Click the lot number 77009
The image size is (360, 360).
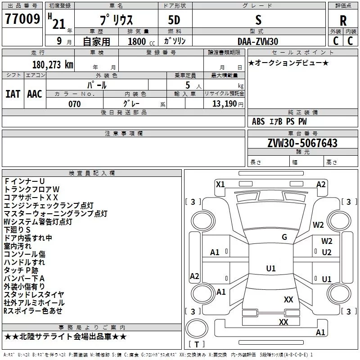point(22,19)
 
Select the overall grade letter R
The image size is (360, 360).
point(343,21)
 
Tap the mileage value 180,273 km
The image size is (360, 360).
point(53,65)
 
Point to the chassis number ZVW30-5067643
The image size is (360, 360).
point(302,143)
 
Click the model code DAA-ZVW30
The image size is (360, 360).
point(258,41)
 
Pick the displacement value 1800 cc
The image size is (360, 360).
point(141,41)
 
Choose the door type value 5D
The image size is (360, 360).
point(174,20)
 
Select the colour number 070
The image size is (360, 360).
point(75,104)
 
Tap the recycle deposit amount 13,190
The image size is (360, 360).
point(224,103)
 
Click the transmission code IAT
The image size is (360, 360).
point(13,94)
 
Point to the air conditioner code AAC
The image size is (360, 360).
point(35,94)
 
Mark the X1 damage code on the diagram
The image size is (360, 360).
point(220,184)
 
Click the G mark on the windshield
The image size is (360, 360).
point(284,237)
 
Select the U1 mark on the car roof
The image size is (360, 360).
point(271,268)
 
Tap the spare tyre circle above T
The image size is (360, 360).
point(197,328)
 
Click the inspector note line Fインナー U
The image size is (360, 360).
point(24,181)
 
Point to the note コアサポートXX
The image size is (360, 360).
point(31,198)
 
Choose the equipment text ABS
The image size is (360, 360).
point(258,121)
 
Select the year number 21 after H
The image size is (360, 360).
point(59,24)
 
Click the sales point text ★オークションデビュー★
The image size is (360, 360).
point(288,63)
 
